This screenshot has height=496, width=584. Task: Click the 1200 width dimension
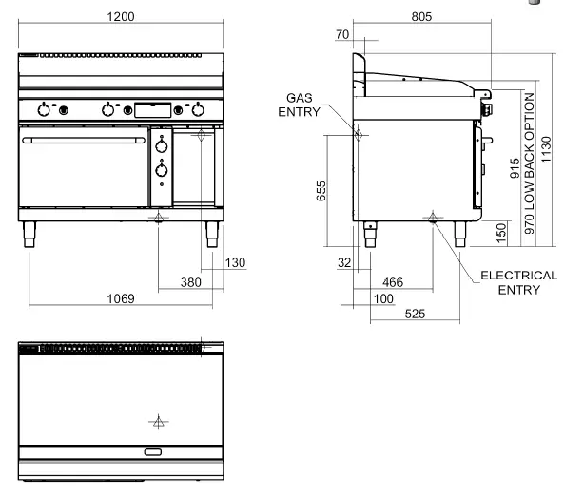click(120, 17)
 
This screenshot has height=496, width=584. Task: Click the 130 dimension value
click(235, 263)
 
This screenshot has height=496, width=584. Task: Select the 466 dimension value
click(392, 282)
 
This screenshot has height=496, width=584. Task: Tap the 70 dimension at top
click(342, 35)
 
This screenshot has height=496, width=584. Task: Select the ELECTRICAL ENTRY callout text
click(517, 282)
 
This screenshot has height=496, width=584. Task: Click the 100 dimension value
click(383, 299)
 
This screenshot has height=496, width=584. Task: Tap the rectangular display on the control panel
click(153, 110)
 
